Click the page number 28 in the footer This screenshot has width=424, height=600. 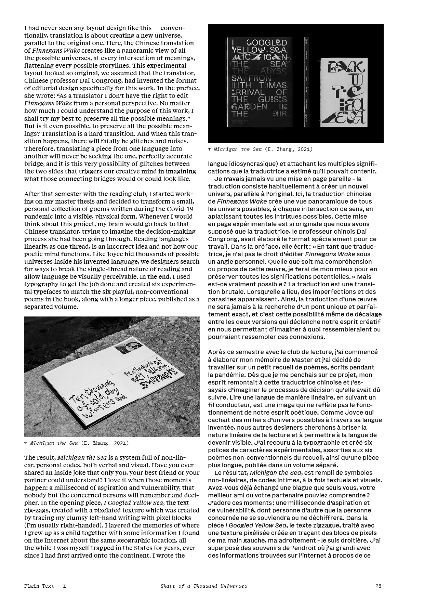tap(378, 586)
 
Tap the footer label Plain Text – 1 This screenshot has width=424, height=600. tap(45, 586)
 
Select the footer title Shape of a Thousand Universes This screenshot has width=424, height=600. tap(204, 586)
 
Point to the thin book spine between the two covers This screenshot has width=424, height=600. tap(306, 82)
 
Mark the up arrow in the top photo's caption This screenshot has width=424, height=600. tap(210, 149)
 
